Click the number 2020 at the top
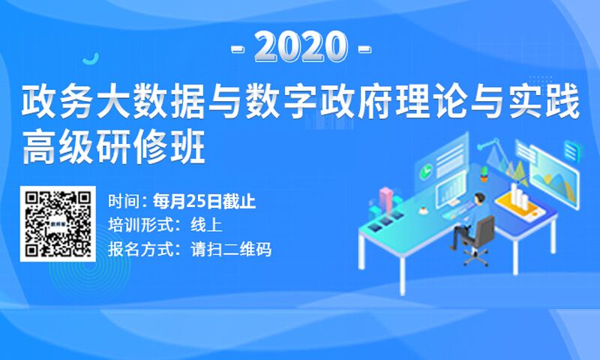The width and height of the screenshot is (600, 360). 301,47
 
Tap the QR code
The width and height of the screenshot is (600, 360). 58,223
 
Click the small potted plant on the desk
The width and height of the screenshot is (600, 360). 484,173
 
